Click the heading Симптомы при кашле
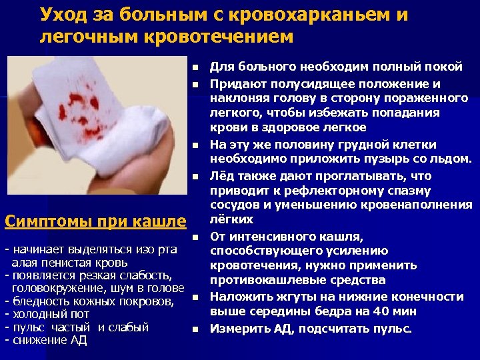(95, 220)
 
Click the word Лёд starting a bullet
(222, 177)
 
